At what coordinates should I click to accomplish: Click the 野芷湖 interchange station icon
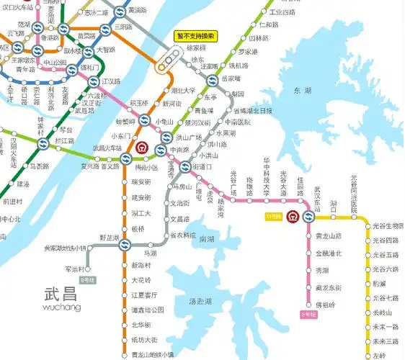coord(125,246)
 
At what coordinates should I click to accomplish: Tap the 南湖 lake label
coord(207,239)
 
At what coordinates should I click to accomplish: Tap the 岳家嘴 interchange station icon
coord(212,80)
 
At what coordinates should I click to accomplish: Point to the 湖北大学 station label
coord(184,91)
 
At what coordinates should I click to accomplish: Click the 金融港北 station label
coord(329,253)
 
